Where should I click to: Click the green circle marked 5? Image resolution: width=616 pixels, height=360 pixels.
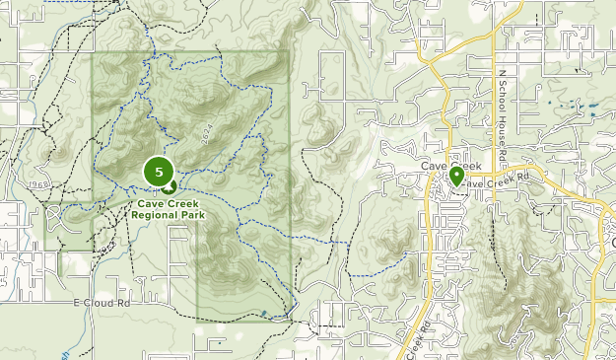[x=159, y=172]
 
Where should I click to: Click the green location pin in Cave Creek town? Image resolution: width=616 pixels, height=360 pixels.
[x=457, y=177]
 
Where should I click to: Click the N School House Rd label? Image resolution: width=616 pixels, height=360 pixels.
[x=502, y=108]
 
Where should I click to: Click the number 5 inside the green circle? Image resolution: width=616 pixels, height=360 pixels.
[x=159, y=172]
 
